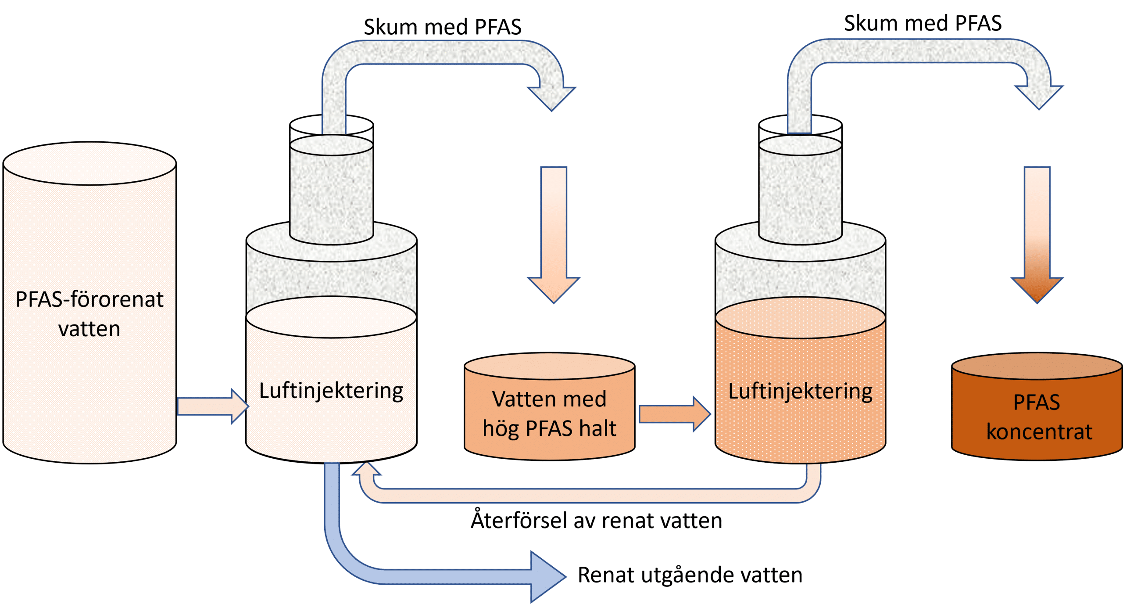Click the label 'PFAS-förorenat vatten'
tap(89, 314)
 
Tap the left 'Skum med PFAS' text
tap(442, 27)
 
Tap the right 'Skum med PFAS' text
tap(923, 23)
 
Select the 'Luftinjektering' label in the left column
tap(331, 391)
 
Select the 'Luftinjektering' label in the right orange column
tap(800, 392)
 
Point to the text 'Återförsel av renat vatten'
tap(596, 521)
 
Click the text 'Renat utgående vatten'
tap(690, 575)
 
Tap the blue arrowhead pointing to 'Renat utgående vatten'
tap(546, 576)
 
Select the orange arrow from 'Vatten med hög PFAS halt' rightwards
tap(673, 414)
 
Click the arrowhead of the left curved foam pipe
tap(551, 97)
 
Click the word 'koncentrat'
tap(1039, 432)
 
